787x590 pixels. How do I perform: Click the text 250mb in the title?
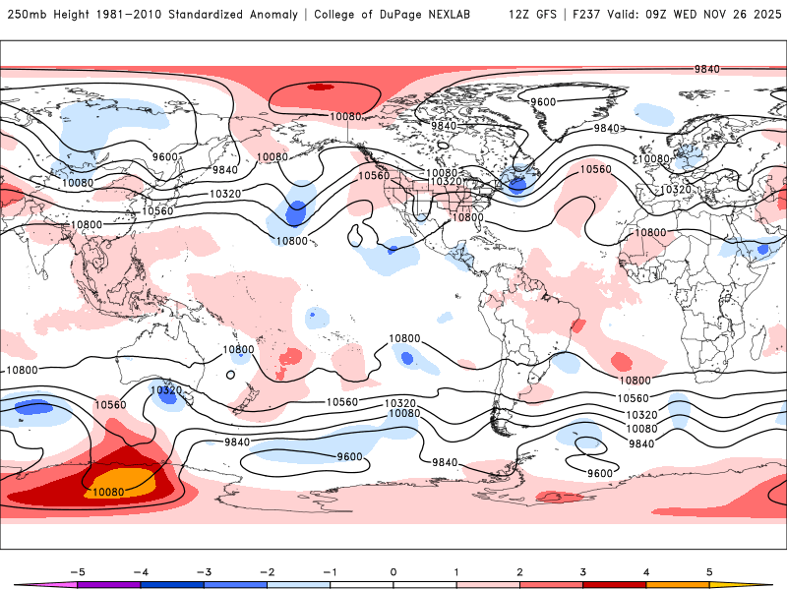click(x=26, y=15)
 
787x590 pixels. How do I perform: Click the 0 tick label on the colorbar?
click(x=393, y=570)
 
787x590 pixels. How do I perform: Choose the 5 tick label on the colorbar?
click(x=709, y=570)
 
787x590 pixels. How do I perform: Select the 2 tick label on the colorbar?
click(x=519, y=570)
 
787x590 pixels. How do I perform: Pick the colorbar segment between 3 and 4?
click(x=614, y=584)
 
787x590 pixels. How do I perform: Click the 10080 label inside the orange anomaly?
click(x=108, y=491)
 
